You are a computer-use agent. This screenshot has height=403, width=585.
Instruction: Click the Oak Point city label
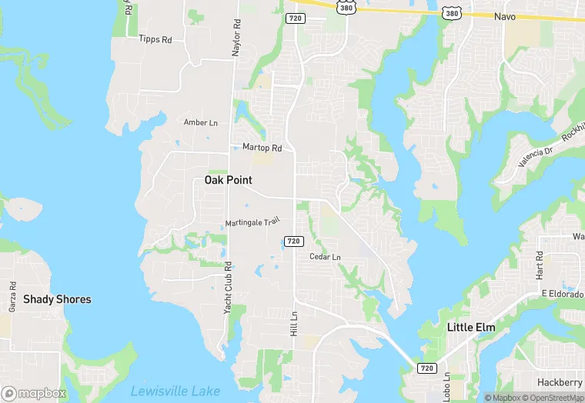pyautogui.click(x=228, y=180)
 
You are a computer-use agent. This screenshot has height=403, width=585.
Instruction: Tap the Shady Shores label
pyautogui.click(x=57, y=299)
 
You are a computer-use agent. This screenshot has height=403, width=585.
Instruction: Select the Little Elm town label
pyautogui.click(x=471, y=328)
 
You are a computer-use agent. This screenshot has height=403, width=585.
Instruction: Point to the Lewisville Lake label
pyautogui.click(x=175, y=391)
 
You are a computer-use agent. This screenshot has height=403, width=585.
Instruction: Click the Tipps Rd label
pyautogui.click(x=155, y=38)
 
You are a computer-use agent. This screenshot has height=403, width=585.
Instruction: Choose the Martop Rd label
pyautogui.click(x=262, y=147)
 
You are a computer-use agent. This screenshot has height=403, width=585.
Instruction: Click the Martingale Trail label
pyautogui.click(x=251, y=223)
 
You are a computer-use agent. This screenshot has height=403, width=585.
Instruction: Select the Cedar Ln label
pyautogui.click(x=325, y=257)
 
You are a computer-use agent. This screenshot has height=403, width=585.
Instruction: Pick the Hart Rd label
pyautogui.click(x=540, y=265)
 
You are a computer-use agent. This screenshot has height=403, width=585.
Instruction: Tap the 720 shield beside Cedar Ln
pyautogui.click(x=293, y=241)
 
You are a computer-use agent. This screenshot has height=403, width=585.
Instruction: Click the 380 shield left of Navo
pyautogui.click(x=452, y=13)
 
